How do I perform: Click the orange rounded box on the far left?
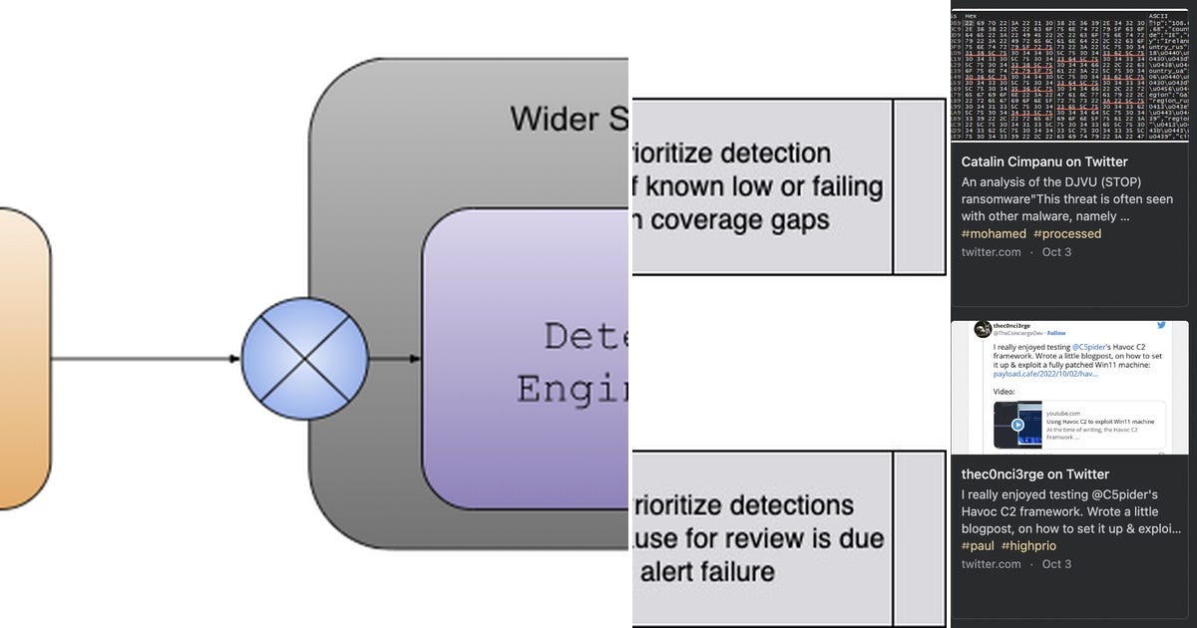tap(22, 359)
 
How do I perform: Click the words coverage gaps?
tap(739, 219)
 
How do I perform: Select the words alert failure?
tap(707, 571)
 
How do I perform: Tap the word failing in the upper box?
tap(835, 186)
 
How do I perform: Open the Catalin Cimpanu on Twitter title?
tap(1044, 161)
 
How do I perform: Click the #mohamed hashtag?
tap(993, 233)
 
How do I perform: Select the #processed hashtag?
tap(1067, 233)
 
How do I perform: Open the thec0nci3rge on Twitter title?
tap(1034, 474)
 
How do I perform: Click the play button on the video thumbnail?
tap(1017, 424)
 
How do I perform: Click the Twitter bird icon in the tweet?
tap(1161, 326)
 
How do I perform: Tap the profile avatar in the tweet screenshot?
tap(982, 329)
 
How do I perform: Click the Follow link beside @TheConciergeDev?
tap(1055, 333)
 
